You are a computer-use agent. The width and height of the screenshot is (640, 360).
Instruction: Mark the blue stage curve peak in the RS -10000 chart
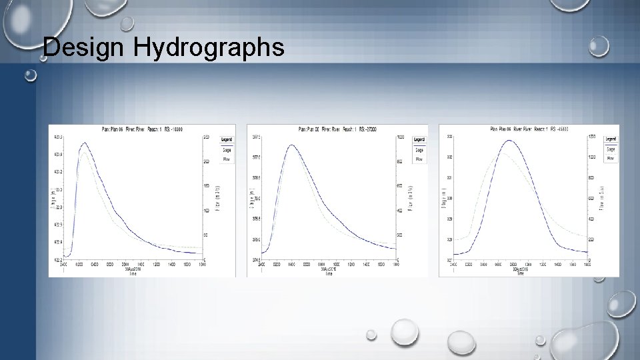(84, 143)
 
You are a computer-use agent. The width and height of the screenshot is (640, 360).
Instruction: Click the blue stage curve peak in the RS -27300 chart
(291, 145)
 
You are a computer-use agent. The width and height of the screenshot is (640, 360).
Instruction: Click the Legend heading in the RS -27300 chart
(419, 139)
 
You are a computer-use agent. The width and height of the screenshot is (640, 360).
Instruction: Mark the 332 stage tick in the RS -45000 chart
(449, 157)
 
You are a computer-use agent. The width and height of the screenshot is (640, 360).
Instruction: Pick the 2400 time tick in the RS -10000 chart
(64, 264)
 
